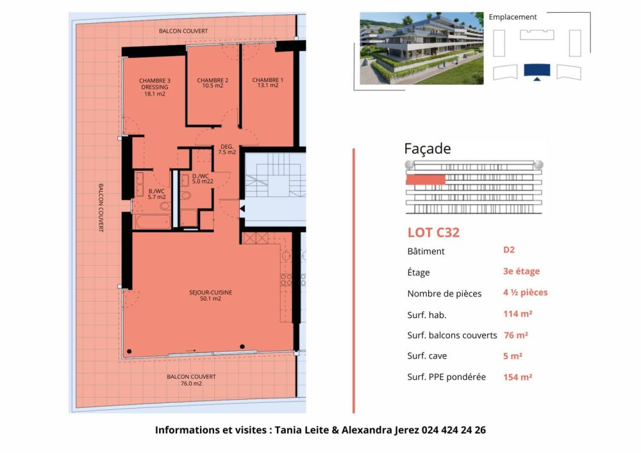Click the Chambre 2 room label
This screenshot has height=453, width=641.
(213, 83)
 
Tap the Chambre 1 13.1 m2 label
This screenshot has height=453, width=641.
(267, 83)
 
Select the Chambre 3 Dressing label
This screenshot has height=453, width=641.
(154, 87)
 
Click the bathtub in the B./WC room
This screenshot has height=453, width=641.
(153, 222)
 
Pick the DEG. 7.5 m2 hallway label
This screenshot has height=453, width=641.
(227, 149)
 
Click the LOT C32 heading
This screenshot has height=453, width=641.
(433, 232)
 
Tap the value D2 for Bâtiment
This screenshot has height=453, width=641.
(509, 250)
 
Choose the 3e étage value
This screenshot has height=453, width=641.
(521, 271)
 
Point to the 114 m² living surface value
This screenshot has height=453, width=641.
(518, 314)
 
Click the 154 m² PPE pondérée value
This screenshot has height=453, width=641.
(518, 377)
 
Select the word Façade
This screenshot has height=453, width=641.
(427, 149)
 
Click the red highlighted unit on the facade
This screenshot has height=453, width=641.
(425, 180)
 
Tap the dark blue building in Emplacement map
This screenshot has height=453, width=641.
(537, 71)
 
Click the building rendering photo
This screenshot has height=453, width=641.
(421, 48)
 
